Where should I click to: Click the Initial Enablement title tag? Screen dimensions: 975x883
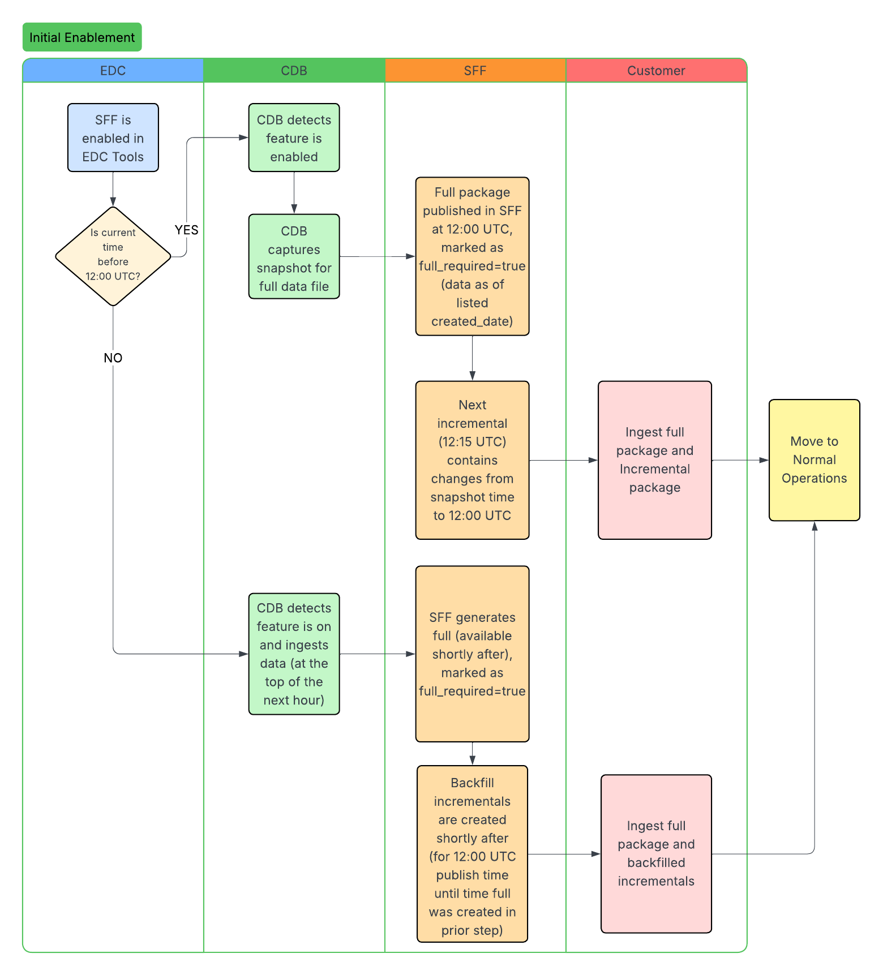point(82,37)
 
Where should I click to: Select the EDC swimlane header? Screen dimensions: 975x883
point(113,71)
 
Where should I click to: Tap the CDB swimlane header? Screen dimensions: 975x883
point(294,71)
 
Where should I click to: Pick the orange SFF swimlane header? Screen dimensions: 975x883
point(475,71)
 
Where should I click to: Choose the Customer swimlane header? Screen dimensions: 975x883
point(656,71)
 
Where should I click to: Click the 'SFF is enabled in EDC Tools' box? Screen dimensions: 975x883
point(113,138)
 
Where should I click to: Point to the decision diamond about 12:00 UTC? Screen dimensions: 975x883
point(113,256)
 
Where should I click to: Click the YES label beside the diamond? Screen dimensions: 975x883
point(186,230)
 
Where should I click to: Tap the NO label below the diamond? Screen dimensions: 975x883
point(113,358)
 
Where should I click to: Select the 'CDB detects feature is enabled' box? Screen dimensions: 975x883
point(294,138)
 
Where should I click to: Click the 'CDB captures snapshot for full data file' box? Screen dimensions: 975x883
point(294,256)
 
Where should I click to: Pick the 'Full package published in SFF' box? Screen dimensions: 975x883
point(472,256)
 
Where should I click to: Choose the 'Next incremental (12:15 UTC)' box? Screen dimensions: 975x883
point(472,460)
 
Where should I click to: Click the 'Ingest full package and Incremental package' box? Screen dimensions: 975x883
point(654,460)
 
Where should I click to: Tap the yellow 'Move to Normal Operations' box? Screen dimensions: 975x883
point(814,460)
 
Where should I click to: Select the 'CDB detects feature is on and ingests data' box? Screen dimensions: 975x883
point(294,654)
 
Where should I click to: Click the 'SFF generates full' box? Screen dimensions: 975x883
point(472,654)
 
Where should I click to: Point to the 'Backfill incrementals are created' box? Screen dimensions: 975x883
point(472,854)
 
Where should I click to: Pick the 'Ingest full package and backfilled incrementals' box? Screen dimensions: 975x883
point(655,854)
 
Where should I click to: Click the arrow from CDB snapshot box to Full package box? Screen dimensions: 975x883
point(377,256)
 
